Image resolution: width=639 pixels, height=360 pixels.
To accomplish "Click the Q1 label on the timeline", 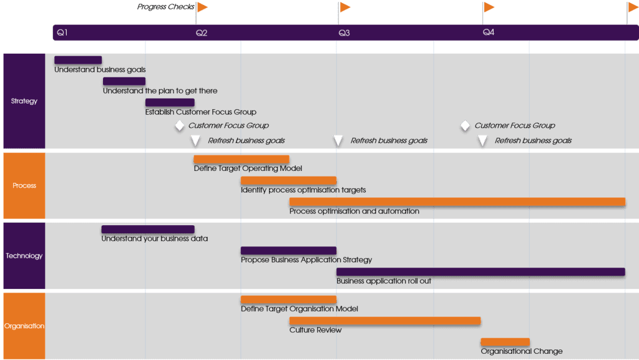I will tap(62, 32).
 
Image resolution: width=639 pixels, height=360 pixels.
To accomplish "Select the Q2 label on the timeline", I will tap(202, 32).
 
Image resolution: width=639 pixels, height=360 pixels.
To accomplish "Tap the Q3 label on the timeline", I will tap(344, 32).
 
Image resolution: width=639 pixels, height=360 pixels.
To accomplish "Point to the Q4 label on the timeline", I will tap(489, 32).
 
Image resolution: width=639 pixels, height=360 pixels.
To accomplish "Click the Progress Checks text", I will tap(165, 7).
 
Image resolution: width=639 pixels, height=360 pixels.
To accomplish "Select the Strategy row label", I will tap(24, 101).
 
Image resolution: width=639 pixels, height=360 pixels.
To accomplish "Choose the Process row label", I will tap(24, 185).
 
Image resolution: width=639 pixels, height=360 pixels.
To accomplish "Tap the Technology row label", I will tap(24, 256).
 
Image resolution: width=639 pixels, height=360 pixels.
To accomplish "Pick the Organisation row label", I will tap(24, 326).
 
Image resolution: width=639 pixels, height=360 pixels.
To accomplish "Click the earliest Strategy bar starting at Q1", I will tap(78, 60).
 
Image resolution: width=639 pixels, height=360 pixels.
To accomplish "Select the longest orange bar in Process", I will tap(457, 202).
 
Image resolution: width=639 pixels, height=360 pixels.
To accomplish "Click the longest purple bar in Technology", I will tap(480, 271).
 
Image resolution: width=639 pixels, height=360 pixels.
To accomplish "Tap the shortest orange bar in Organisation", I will tap(505, 341).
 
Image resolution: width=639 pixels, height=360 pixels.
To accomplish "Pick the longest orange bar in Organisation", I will tap(384, 321).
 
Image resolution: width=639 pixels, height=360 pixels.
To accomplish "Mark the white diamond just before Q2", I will tap(180, 125).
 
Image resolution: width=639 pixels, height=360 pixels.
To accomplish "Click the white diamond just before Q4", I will tap(465, 125).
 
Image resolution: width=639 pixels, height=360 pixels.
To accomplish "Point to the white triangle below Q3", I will tap(338, 140).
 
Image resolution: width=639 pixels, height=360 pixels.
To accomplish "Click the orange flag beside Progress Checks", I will tap(202, 7).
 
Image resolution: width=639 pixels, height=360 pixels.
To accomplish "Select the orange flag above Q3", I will tap(345, 7).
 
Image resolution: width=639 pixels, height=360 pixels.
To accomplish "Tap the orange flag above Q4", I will tap(489, 7).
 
